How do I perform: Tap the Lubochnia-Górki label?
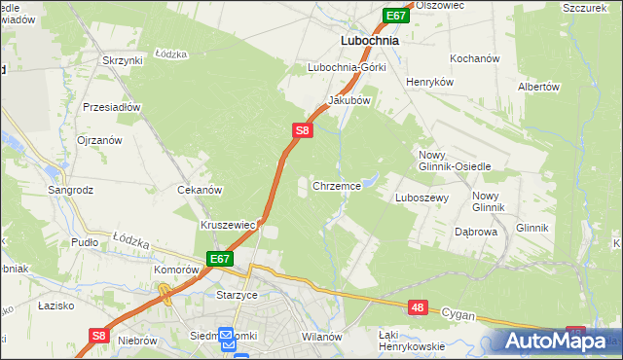(x=347, y=67)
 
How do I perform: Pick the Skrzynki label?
(x=122, y=60)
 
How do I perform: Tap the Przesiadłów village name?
(x=113, y=107)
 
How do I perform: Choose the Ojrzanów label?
(x=99, y=140)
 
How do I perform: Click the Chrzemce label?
(x=337, y=185)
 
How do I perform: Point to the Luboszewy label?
(x=421, y=198)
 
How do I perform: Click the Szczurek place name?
(x=585, y=6)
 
